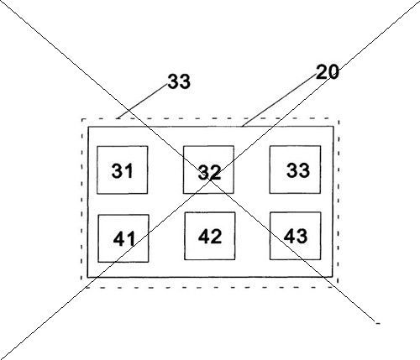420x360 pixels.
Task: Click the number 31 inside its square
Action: (122, 171)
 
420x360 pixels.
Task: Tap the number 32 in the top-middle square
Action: (209, 172)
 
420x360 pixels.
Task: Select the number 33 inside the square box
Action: (298, 170)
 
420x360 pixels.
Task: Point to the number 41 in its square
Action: (124, 239)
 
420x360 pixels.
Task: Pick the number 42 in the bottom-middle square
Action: (210, 236)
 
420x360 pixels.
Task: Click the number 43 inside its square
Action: (296, 236)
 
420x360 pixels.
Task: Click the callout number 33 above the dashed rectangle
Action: (179, 81)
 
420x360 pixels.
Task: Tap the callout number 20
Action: (328, 72)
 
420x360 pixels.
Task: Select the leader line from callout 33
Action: (143, 102)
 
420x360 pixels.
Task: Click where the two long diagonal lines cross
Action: (210, 180)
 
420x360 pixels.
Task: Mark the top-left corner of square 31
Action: (97, 146)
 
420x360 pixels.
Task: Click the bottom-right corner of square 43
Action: (321, 259)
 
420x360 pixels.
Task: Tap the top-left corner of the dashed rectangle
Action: (82, 119)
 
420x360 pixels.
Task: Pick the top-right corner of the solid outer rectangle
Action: (333, 127)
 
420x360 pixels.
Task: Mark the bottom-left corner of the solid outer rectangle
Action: (87, 277)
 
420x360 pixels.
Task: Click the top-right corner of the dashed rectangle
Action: (339, 118)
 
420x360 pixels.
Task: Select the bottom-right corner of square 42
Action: (235, 259)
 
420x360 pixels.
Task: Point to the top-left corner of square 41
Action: (98, 215)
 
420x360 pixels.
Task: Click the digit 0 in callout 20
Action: (333, 72)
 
